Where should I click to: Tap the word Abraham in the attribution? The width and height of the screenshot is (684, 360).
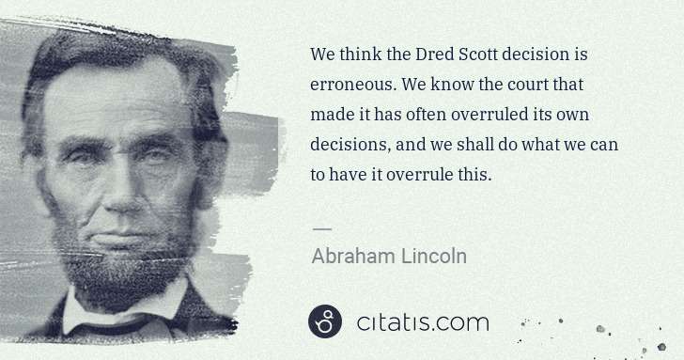351,255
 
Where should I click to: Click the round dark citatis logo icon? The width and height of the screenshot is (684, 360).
325,322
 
